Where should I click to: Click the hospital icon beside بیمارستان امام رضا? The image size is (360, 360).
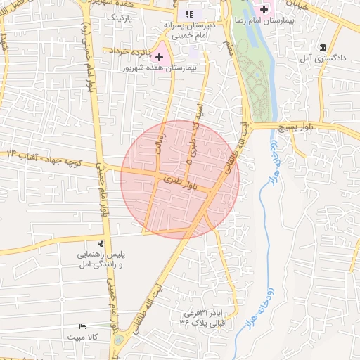coord(264,9)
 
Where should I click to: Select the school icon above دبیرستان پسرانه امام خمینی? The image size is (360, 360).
coord(188,14)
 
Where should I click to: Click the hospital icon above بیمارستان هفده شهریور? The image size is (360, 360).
coord(160,56)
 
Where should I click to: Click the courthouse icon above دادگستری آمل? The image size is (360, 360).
coord(323,48)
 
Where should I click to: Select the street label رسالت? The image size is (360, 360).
coord(160,137)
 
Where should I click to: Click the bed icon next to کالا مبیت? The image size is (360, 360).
coord(84,327)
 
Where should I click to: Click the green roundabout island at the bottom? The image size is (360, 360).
coord(118,341)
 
